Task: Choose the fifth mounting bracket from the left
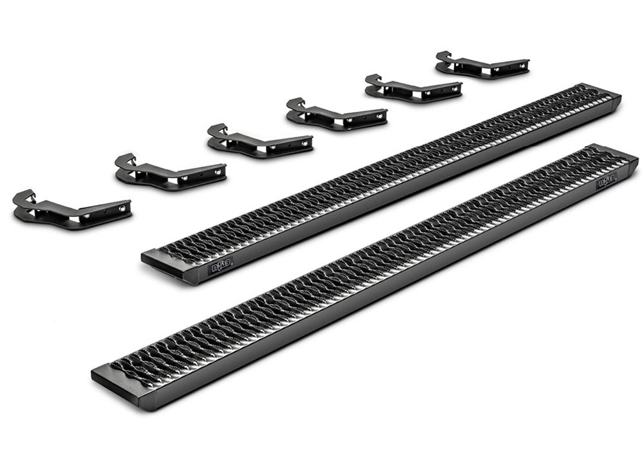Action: click(413, 90)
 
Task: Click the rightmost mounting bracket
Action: click(482, 66)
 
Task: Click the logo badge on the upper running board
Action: click(222, 265)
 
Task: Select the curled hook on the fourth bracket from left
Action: click(296, 102)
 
